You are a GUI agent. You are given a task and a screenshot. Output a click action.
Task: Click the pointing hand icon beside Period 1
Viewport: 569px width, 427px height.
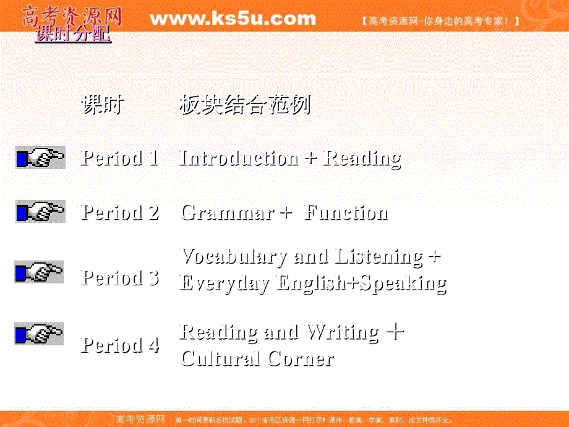point(40,158)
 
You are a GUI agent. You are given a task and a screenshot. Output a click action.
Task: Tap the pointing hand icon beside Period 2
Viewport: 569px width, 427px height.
point(40,212)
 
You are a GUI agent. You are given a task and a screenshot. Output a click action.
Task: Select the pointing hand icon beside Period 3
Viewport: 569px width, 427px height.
point(39,272)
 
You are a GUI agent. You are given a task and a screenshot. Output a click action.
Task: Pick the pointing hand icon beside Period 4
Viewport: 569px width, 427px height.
point(39,334)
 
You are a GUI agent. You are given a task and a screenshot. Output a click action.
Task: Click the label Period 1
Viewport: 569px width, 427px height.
point(120,158)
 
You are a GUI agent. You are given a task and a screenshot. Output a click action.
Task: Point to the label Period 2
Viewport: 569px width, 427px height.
point(120,213)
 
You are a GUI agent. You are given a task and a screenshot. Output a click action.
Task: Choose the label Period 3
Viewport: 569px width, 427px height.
point(120,278)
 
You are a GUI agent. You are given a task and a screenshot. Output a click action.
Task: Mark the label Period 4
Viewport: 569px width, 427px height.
point(120,345)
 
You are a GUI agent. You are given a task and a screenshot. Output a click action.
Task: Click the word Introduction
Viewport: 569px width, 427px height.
point(239,158)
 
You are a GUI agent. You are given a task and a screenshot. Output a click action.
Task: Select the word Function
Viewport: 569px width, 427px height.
point(346,213)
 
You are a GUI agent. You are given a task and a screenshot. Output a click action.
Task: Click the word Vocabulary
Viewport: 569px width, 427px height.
point(234,256)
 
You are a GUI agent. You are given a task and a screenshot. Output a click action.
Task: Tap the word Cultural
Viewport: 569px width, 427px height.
point(220,358)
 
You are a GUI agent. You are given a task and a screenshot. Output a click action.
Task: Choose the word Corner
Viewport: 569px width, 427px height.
point(301,358)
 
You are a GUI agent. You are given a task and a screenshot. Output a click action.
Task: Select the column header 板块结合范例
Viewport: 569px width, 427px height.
point(245,105)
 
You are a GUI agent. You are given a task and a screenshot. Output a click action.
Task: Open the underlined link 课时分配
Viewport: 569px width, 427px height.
point(74,35)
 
